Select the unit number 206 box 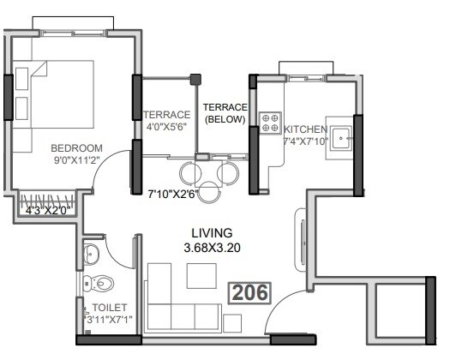pyautogui.click(x=248, y=292)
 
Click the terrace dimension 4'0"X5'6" pyautogui.click(x=165, y=127)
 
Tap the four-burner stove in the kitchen pyautogui.click(x=270, y=121)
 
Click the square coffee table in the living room pyautogui.click(x=202, y=274)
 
